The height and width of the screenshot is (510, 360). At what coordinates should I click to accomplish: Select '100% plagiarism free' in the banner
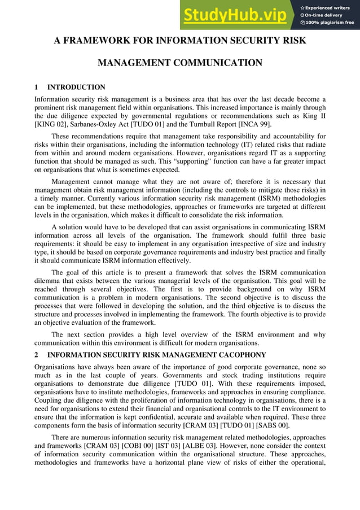pyautogui.click(x=330, y=23)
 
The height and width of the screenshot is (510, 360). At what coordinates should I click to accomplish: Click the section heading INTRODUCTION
pyautogui.click(x=76, y=88)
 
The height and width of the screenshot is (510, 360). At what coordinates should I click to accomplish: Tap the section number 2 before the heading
pyautogui.click(x=36, y=355)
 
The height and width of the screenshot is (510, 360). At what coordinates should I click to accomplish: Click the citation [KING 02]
pyautogui.click(x=52, y=124)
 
